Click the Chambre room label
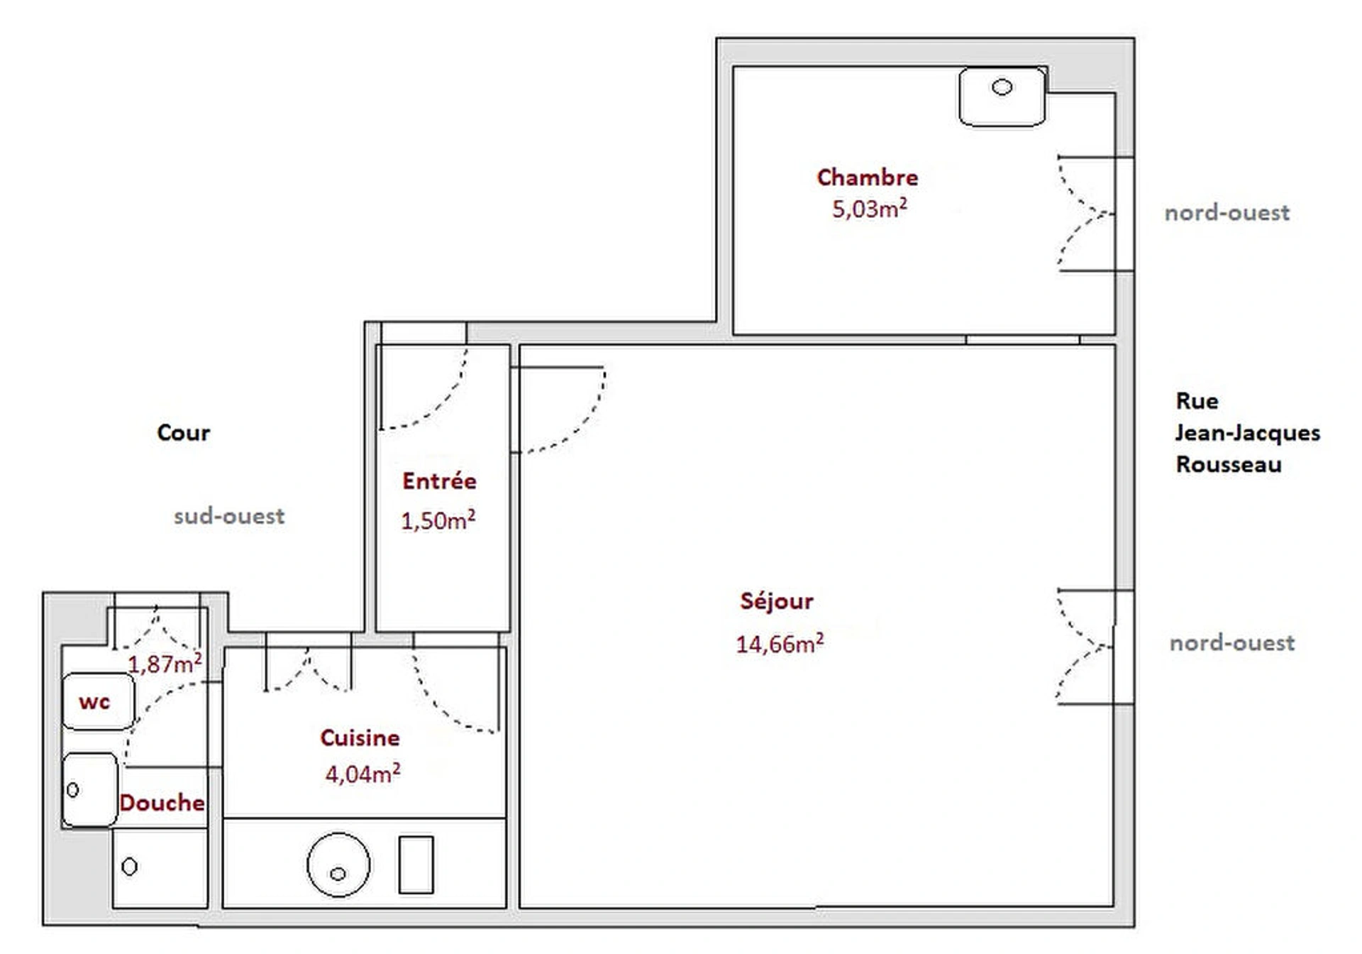tap(867, 177)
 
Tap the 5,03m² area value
tap(869, 209)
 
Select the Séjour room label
tap(777, 601)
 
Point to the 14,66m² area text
tap(780, 644)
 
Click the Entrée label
tap(439, 481)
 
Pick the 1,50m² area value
tap(438, 520)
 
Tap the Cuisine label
tap(360, 738)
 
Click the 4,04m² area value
tap(362, 774)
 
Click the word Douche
tap(162, 803)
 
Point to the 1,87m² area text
tap(165, 664)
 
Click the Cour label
tap(183, 433)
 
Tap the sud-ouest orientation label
tap(229, 516)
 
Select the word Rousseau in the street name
tap(1229, 465)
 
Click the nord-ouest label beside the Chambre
tap(1227, 213)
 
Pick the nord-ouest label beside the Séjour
tap(1231, 643)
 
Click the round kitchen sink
tap(338, 865)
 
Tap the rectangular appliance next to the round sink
tap(416, 865)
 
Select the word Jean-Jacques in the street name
tap(1247, 433)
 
